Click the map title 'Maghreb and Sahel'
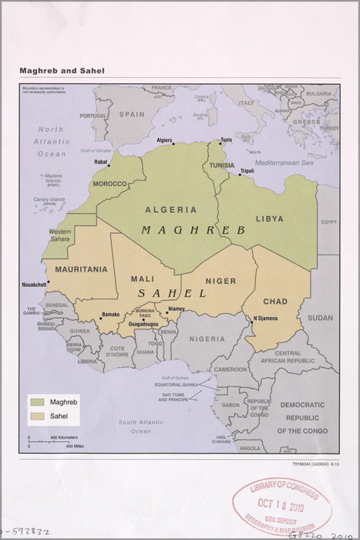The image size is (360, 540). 62,71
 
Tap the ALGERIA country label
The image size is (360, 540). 170,209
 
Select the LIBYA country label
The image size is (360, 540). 270,218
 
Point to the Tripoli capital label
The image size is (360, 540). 247,170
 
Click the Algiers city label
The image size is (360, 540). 164,140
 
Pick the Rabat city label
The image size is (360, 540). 101,162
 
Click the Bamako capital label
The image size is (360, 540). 110,314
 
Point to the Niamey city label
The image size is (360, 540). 177,309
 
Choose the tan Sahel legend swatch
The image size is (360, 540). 36,417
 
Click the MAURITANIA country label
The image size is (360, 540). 80,269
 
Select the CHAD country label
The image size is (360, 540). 274,301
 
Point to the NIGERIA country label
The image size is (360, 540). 207,338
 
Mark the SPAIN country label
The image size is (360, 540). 131,113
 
